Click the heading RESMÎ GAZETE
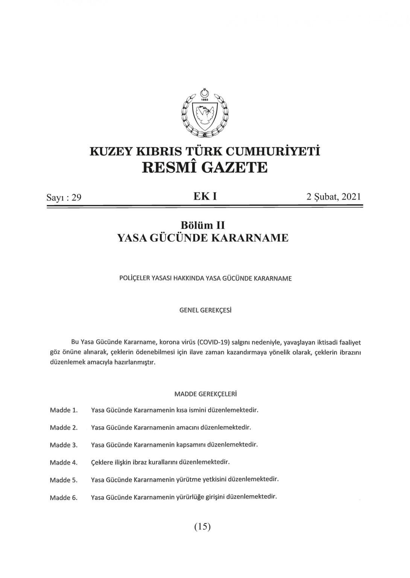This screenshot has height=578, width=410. [x=205, y=167]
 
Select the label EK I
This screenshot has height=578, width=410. [x=205, y=196]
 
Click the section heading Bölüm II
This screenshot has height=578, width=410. [x=203, y=225]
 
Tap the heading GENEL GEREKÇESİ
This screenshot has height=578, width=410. [x=205, y=311]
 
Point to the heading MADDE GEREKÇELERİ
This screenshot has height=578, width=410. [x=205, y=394]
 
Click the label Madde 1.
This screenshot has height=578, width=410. [x=64, y=410]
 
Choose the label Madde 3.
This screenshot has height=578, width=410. [x=64, y=445]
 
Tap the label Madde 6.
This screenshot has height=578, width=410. [x=64, y=498]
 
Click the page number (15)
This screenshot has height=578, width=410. [x=202, y=527]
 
